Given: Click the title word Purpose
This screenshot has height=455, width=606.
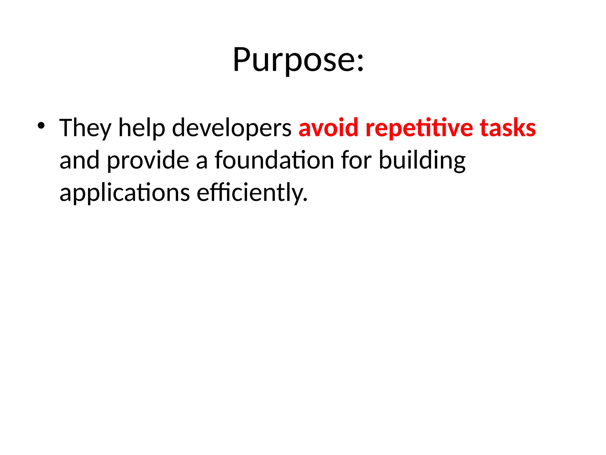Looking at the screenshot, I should coord(293,60).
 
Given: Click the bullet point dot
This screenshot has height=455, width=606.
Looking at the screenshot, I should coord(41,126).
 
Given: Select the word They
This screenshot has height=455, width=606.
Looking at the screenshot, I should coord(85,128).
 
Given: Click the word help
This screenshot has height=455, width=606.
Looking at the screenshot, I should coord(141,128).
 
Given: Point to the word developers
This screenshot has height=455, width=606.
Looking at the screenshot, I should coord(231,128).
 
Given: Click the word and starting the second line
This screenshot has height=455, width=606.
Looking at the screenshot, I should coord(79,160).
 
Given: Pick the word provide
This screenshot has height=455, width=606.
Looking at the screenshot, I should coord(148,160).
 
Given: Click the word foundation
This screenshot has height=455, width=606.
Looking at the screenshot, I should coord(274,160).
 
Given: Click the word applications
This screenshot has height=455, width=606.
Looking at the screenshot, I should coord(124,193).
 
